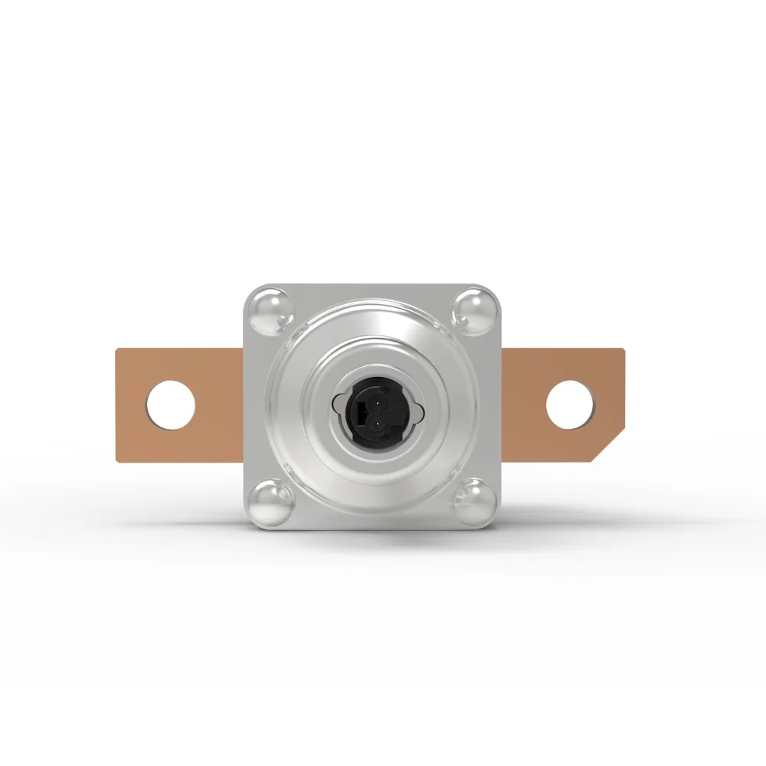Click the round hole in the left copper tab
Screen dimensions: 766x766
point(171,404)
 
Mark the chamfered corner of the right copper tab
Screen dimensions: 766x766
point(610,447)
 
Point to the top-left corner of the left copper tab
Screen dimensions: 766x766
point(117,351)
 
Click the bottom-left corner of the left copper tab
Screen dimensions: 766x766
point(117,460)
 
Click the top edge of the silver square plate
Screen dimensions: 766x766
point(372,286)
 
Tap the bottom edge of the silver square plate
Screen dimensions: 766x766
point(372,528)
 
